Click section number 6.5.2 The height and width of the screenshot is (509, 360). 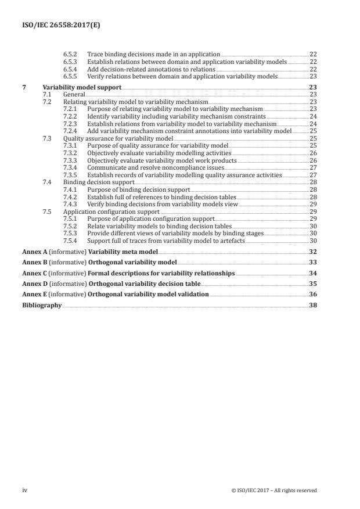click(70, 53)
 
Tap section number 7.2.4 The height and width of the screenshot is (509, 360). click(70, 131)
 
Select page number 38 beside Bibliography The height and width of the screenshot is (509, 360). click(312, 305)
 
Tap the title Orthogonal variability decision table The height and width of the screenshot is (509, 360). click(145, 284)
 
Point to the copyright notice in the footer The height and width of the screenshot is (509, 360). click(273, 490)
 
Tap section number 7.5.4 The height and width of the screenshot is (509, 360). click(70, 241)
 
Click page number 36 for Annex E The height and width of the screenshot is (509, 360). click(312, 295)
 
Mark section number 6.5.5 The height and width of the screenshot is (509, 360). click(70, 76)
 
